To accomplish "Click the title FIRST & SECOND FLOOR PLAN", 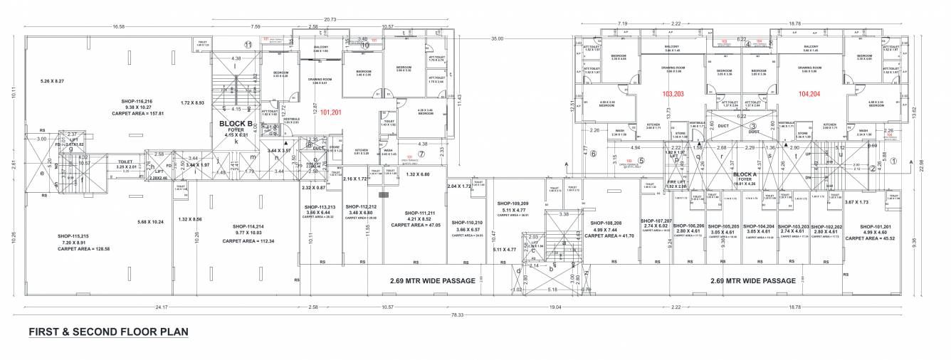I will pos(108,332).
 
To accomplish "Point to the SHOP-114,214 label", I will pos(248,226).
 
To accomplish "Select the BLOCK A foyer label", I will pos(744,174).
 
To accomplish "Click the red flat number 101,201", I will pos(332,112).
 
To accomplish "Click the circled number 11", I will pos(248,44).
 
